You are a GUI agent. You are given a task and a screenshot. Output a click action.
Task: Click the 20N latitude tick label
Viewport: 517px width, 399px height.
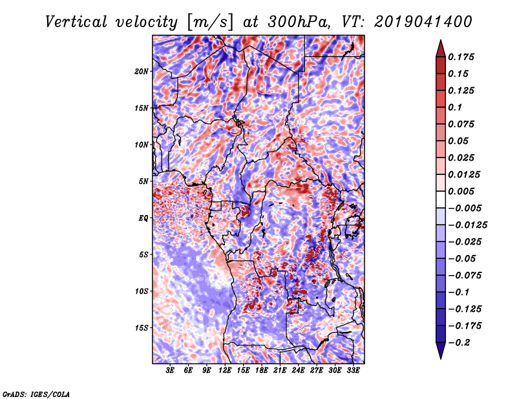(142, 72)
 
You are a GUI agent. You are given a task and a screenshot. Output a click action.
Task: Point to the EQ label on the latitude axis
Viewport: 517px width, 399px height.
(143, 218)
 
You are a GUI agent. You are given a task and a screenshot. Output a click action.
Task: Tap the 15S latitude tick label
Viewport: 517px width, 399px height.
(142, 328)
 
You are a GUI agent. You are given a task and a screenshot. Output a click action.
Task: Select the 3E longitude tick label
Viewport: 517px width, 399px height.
(170, 371)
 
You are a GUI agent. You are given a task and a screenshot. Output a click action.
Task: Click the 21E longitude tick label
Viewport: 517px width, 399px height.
(280, 371)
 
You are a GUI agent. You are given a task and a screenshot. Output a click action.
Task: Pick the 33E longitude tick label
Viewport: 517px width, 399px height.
(353, 371)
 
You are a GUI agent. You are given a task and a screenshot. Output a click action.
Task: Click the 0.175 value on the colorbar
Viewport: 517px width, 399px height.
(461, 57)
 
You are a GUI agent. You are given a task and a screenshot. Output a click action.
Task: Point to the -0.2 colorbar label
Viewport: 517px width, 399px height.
(459, 343)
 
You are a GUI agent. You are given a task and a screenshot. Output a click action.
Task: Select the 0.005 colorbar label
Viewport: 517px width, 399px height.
(461, 191)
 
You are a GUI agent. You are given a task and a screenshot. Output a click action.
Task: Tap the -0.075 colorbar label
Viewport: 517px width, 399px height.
(465, 276)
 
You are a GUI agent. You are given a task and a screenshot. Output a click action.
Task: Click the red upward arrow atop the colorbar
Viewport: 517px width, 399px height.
(441, 48)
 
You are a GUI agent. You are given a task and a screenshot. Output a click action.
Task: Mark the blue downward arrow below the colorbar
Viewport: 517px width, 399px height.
(441, 351)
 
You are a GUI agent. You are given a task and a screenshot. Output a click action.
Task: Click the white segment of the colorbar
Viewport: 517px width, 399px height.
(441, 200)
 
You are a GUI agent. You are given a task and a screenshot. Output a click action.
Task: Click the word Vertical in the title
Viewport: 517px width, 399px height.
(76, 22)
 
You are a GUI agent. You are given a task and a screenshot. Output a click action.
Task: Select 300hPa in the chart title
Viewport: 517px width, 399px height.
(299, 22)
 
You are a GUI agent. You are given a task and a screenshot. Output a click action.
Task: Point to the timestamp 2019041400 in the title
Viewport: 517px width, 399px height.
(423, 22)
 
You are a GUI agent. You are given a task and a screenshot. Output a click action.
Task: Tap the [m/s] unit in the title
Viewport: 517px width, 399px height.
(210, 23)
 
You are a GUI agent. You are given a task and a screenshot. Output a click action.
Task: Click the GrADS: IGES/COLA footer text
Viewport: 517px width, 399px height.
(36, 394)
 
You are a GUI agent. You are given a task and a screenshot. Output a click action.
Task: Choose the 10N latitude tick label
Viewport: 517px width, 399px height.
(142, 145)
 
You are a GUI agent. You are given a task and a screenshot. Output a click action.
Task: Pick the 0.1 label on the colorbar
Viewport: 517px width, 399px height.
(455, 108)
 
